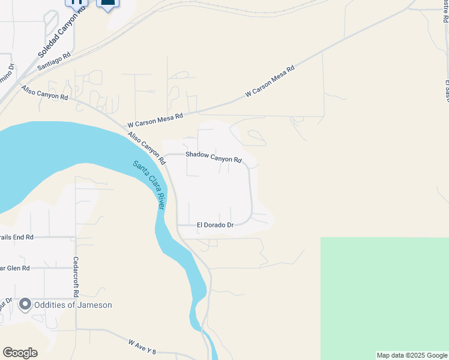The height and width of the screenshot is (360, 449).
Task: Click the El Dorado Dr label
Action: coord(215,226)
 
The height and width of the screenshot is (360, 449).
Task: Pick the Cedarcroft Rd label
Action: coord(76,278)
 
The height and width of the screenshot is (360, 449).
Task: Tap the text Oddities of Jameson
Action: coord(74,305)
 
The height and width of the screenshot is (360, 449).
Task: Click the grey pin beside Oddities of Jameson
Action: coord(25,305)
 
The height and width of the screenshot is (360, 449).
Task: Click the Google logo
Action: coord(20,353)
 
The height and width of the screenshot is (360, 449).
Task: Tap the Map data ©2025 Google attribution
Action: coord(412,355)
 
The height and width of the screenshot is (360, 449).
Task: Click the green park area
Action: coord(384,297)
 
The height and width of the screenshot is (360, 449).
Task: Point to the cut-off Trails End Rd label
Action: coord(16,238)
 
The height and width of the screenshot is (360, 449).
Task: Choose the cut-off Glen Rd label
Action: coord(14,268)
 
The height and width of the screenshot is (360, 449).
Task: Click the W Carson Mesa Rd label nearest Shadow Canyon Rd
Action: coord(155,121)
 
